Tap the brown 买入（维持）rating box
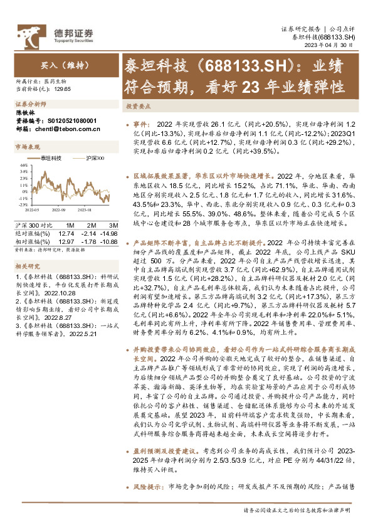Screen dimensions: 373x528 tap(59, 65)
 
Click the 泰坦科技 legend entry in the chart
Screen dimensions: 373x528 tap(51, 157)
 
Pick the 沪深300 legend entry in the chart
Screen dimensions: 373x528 tap(94, 157)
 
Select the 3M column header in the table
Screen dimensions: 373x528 tap(113, 224)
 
